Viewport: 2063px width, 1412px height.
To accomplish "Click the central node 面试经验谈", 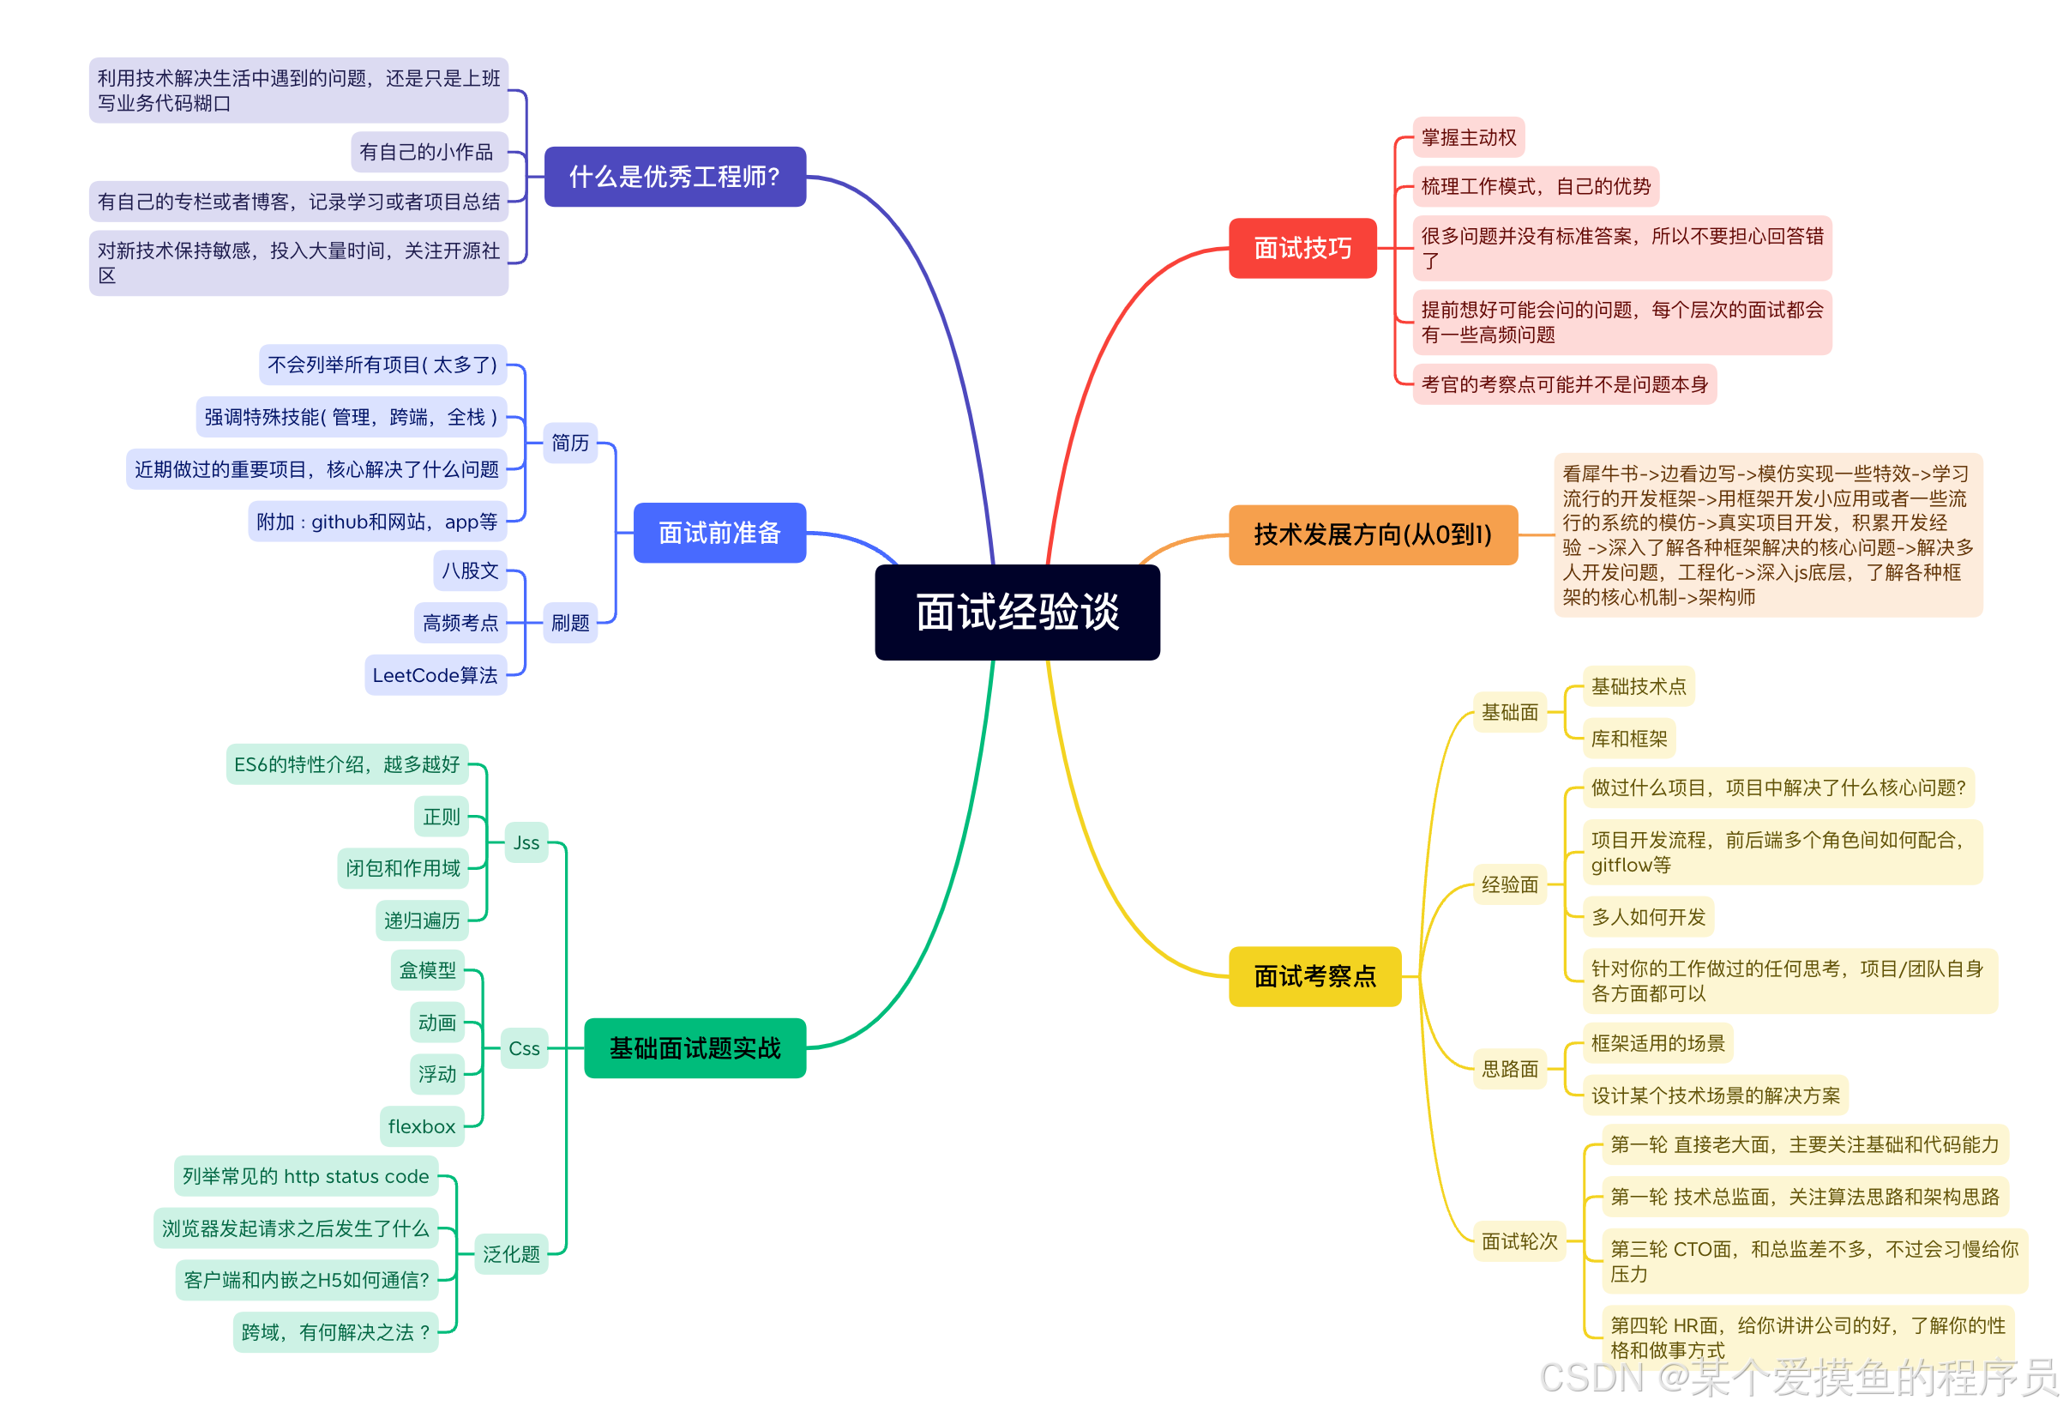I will click(x=1017, y=612).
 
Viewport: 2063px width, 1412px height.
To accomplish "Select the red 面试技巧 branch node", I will click(x=1302, y=248).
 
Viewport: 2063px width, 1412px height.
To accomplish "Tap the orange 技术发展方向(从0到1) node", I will click(x=1373, y=534).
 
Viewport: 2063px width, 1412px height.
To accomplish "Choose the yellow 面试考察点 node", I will click(x=1314, y=976).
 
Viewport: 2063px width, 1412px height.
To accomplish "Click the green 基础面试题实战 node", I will click(x=695, y=1048).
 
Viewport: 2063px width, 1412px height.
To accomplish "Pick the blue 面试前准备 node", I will click(x=719, y=533).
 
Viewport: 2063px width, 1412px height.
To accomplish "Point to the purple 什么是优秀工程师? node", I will click(x=675, y=177).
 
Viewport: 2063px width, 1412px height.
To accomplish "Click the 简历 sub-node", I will click(x=570, y=443).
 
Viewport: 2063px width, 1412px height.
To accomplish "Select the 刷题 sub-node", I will click(x=570, y=623).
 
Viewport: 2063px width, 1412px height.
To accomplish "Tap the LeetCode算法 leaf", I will click(x=435, y=675).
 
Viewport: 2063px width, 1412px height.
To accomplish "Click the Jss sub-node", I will click(x=526, y=842).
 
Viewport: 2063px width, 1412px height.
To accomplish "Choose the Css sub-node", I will click(x=524, y=1048).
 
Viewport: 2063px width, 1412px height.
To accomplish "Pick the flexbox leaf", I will click(x=422, y=1126).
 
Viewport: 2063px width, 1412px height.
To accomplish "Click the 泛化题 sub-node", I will click(x=511, y=1254).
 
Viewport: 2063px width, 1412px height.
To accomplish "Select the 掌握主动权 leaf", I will click(x=1468, y=137).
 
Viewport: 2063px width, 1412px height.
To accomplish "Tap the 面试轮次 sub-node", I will click(x=1519, y=1241).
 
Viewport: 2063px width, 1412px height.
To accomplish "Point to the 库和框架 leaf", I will click(x=1629, y=738).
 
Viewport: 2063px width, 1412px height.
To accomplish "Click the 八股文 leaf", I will click(x=471, y=570).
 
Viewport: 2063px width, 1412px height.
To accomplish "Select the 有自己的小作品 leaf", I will click(x=426, y=152).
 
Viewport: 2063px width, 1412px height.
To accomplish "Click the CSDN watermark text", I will click(x=1797, y=1378).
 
